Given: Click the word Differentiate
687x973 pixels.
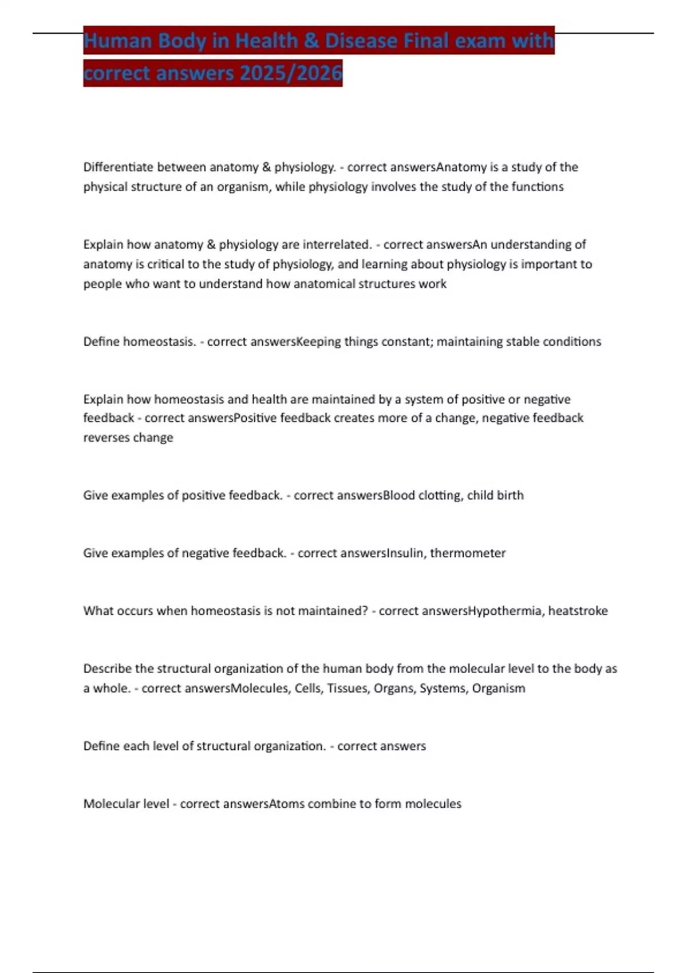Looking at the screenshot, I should pyautogui.click(x=118, y=167).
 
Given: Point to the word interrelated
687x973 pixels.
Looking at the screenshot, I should pyautogui.click(x=337, y=244).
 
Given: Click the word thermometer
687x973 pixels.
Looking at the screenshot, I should pyautogui.click(x=468, y=553).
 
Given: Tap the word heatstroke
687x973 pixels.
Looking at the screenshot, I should pyautogui.click(x=578, y=611).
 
